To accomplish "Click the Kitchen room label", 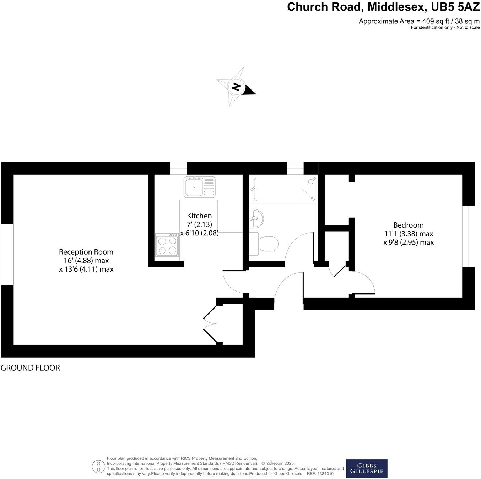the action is [199, 216].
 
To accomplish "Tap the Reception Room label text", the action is [86, 252].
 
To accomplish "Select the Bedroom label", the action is [408, 225].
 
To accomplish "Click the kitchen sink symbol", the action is [199, 187].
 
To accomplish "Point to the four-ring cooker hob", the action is [167, 245].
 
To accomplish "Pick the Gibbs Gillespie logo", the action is [367, 468].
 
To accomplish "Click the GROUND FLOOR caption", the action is [30, 368].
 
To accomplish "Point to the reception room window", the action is [7, 254].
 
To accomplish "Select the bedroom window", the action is [469, 236].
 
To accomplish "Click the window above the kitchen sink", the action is [178, 168].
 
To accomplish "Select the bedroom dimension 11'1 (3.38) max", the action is [408, 234].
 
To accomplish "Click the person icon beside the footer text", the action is [98, 467].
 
